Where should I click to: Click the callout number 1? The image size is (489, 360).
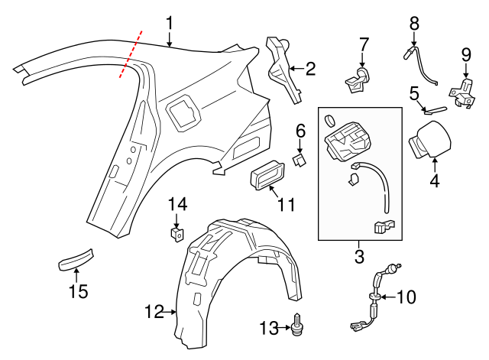click(x=170, y=23)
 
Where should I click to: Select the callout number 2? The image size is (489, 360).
click(x=309, y=70)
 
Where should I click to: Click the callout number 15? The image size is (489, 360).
click(x=78, y=291)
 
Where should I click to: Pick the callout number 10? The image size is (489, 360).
click(x=406, y=297)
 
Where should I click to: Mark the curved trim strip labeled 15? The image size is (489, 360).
click(x=76, y=258)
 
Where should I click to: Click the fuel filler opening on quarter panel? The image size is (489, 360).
click(x=183, y=109)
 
